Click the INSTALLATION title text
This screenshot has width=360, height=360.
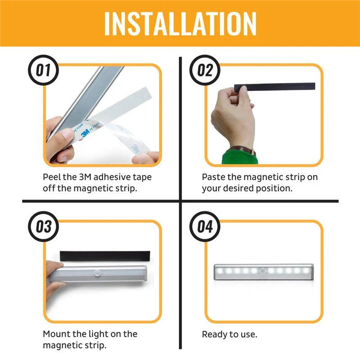click(180, 23)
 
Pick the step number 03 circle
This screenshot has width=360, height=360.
click(44, 226)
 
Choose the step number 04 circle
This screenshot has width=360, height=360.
click(205, 226)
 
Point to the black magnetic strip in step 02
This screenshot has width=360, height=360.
click(279, 86)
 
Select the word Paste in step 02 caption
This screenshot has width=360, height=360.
click(214, 177)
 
